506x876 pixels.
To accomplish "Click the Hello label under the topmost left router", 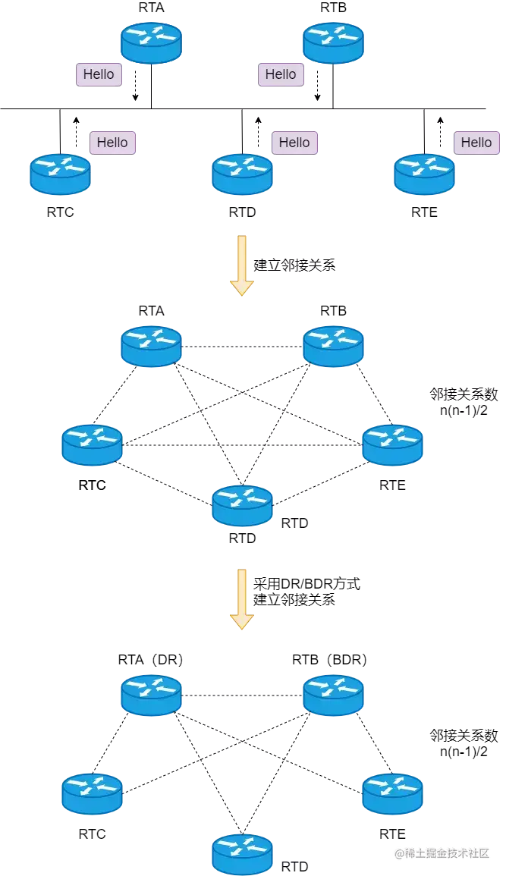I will [x=99, y=74].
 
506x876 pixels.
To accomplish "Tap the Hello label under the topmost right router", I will [x=281, y=74].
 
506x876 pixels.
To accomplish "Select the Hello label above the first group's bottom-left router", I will [x=112, y=143].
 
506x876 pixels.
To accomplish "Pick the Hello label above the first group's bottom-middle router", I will [x=294, y=143].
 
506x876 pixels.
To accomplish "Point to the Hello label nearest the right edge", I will [x=476, y=143].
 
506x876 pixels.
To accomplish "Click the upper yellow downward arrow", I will [x=242, y=265].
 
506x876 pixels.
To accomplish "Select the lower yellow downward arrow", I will [x=242, y=598].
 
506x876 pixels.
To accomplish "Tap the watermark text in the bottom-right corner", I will [x=442, y=852].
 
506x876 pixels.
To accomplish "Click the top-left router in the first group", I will [x=152, y=42].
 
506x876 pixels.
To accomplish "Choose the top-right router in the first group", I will [x=333, y=42].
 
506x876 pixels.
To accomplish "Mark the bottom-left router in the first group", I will [x=61, y=174].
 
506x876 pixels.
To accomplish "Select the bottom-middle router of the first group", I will [x=242, y=174].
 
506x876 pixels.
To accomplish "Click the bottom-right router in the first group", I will [x=424, y=174].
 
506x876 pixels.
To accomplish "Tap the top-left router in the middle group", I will [x=152, y=346].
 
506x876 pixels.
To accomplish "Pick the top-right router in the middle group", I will [x=333, y=346].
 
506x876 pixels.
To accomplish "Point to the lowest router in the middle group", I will [x=242, y=505].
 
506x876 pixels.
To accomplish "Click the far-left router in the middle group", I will [x=92, y=444].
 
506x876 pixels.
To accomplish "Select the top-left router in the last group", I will [x=152, y=695].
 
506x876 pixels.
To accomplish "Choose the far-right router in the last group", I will [x=392, y=793].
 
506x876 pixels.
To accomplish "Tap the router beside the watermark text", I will [x=242, y=853].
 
